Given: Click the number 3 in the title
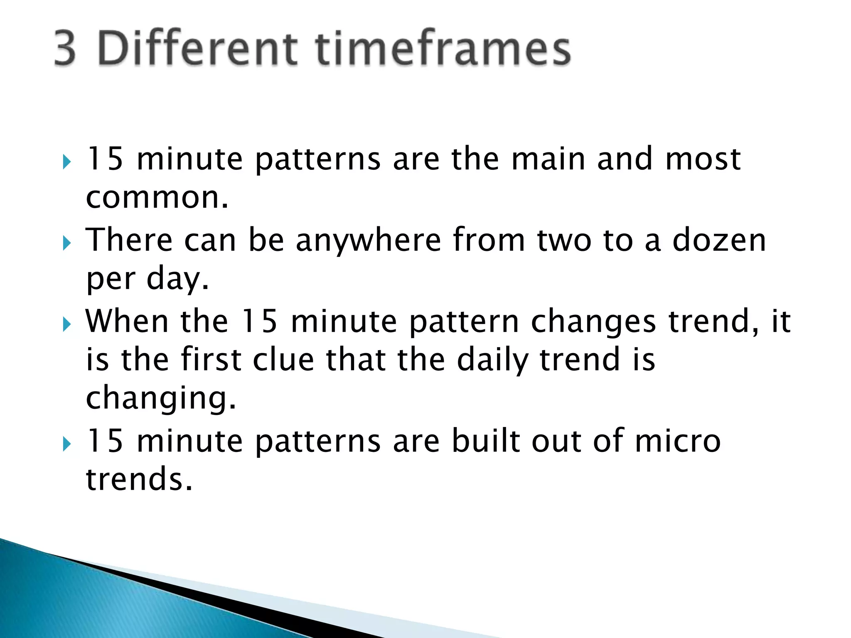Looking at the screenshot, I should [66, 49].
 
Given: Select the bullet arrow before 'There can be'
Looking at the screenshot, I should [67, 243].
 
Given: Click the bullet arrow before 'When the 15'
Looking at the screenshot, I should [67, 324].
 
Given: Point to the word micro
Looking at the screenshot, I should [678, 441].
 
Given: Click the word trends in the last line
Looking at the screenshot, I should [139, 479].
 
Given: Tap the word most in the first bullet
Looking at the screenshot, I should [703, 159].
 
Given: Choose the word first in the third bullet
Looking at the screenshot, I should [211, 360].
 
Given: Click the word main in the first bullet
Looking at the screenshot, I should [548, 159].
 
